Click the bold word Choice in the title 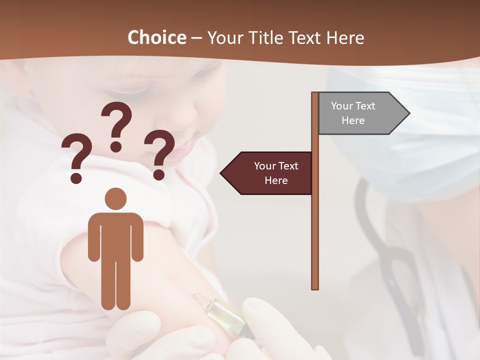(156, 38)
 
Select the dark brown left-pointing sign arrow (267, 173)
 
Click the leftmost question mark (76, 152)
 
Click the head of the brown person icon (115, 198)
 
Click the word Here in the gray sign (353, 120)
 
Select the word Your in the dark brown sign (265, 166)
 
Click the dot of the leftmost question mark (76, 177)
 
